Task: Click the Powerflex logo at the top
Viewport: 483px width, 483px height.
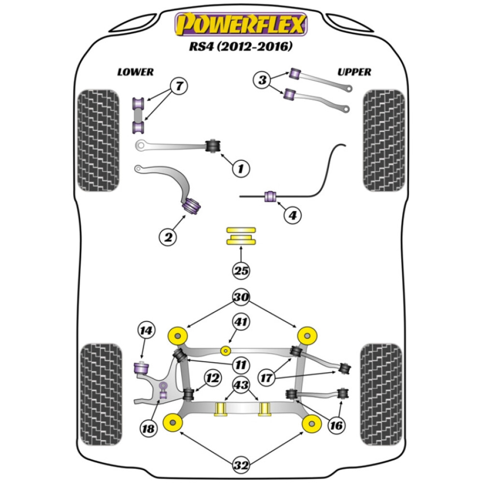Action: tap(241, 25)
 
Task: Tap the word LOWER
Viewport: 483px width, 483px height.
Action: tap(135, 72)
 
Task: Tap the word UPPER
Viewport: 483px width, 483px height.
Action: tap(354, 72)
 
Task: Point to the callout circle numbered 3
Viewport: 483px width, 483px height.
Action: tap(262, 80)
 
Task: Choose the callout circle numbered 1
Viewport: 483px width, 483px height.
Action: tap(240, 169)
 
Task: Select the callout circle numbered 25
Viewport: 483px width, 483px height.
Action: tap(241, 271)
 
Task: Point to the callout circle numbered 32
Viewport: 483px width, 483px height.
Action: tap(241, 466)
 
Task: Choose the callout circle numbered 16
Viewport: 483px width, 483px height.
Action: tap(337, 426)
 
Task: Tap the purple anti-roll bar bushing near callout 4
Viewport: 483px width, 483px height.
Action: tap(270, 197)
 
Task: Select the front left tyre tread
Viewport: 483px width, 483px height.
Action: tap(98, 140)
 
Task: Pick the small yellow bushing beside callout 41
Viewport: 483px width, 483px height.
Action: tap(225, 350)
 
